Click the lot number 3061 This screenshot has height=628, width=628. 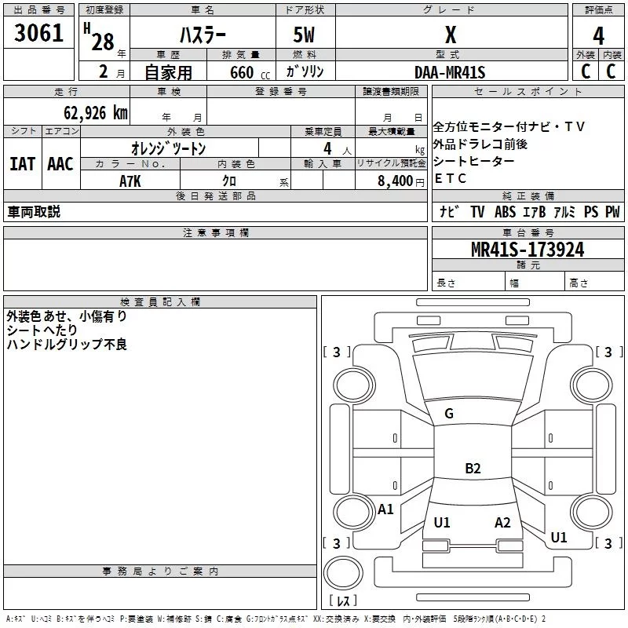pos(39,34)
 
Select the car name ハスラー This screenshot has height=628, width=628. pos(203,35)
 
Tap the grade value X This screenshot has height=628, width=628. pos(450,35)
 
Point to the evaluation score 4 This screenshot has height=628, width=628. pos(598,35)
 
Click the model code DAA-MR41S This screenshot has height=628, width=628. pos(450,72)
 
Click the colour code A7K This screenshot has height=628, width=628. pos(130,181)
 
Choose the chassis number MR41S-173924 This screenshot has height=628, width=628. pos(527,250)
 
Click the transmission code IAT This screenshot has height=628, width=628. pos(22,164)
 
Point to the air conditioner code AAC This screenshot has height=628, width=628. pos(60,164)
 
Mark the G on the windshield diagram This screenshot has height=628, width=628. pos(449,414)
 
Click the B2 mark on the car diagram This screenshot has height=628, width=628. pos(473,469)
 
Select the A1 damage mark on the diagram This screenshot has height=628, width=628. pos(385,509)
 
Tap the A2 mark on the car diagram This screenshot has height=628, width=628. pos(502,523)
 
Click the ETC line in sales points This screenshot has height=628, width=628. pos(451,179)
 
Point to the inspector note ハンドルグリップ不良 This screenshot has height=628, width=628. pos(67,345)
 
